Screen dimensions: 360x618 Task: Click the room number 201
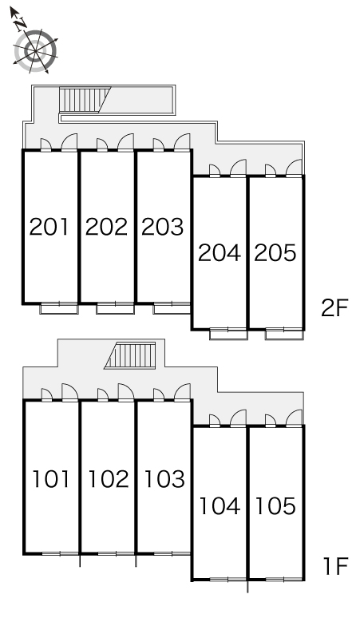(x=49, y=227)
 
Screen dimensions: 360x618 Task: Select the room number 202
(x=106, y=227)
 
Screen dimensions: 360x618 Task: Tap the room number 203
(x=162, y=227)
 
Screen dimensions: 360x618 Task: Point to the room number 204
(x=219, y=252)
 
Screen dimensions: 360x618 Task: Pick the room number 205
(x=275, y=252)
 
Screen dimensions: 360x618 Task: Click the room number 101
(x=51, y=479)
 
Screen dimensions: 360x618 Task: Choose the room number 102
(x=109, y=479)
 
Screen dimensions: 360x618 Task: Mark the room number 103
(x=164, y=479)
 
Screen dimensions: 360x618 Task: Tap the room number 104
(x=220, y=505)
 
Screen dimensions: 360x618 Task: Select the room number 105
(x=275, y=505)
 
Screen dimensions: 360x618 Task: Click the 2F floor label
(x=334, y=308)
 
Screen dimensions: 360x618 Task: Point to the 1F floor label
(x=336, y=566)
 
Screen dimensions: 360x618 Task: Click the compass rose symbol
(x=35, y=51)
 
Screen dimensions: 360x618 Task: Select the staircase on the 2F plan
(x=85, y=100)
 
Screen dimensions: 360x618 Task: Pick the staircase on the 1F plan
(x=130, y=355)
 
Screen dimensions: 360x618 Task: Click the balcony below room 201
(x=59, y=308)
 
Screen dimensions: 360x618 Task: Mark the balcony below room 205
(x=284, y=334)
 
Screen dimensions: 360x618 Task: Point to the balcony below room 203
(x=172, y=308)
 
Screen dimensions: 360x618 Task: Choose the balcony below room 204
(x=228, y=334)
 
